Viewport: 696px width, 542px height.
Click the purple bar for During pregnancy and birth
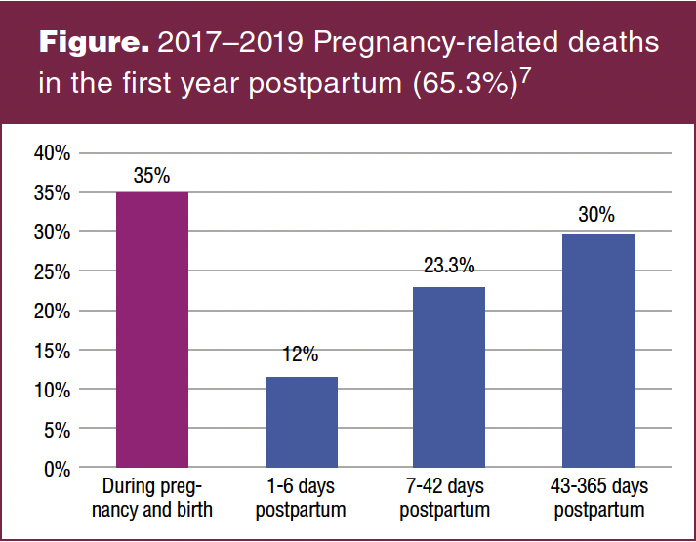(152, 330)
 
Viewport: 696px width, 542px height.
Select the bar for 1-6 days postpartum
(302, 422)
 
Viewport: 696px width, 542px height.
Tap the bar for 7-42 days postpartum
(449, 377)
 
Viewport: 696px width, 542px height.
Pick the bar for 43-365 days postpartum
(597, 351)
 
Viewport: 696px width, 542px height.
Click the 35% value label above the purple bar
(152, 176)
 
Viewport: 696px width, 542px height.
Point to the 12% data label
(302, 355)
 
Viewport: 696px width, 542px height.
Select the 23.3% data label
(449, 266)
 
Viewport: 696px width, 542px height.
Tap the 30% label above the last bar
(596, 216)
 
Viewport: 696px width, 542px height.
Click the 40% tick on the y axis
(53, 153)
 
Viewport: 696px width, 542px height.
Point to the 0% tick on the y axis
(58, 468)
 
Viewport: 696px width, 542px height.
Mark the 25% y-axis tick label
(53, 271)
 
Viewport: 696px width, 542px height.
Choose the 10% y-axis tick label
(53, 390)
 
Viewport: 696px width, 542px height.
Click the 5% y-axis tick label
(58, 429)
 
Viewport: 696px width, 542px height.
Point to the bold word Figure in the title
(93, 44)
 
